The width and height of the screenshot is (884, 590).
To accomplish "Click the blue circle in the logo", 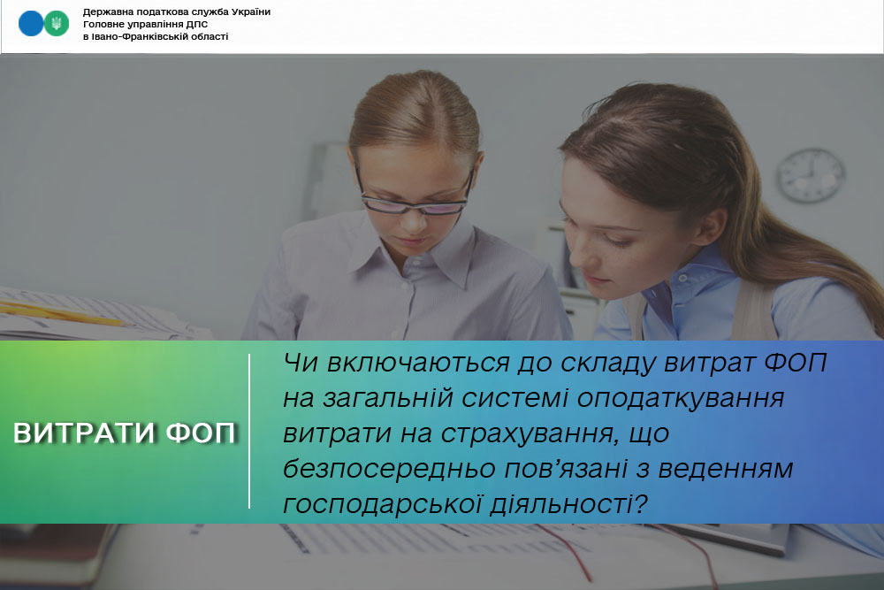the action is tap(30, 24).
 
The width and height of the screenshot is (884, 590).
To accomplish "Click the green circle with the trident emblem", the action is tap(56, 24).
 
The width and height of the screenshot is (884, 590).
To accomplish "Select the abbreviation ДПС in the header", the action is tap(197, 24).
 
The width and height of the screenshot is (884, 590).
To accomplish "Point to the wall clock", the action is tap(811, 175).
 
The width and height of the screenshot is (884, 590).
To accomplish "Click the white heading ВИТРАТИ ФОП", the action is tap(125, 433).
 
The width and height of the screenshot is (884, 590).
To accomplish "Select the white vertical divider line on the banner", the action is tap(249, 432).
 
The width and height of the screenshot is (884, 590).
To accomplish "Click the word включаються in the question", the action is tap(418, 363).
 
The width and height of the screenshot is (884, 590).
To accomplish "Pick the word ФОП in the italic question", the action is tap(795, 362).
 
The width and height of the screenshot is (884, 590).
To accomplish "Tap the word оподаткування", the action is tap(681, 399).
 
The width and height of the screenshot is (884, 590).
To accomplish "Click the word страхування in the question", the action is tap(527, 434).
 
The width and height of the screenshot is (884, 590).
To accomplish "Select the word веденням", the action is tap(726, 469).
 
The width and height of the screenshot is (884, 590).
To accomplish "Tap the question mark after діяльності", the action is tap(640, 503).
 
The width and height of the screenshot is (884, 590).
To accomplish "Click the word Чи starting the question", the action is tap(301, 363).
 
